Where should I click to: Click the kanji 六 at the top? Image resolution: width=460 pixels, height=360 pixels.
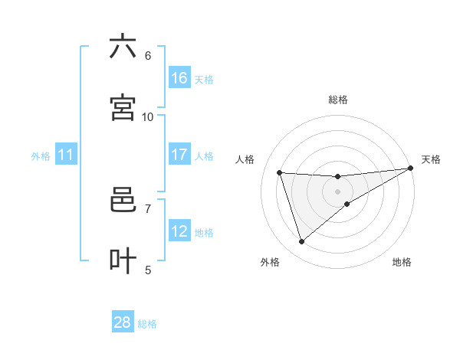pos(123,47)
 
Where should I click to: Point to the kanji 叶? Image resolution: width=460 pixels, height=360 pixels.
pos(123,260)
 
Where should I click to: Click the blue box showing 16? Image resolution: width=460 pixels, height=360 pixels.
pos(179,78)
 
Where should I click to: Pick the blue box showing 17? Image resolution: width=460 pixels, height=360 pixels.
pos(179,155)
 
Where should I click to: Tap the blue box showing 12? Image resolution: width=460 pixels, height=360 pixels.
pos(179,231)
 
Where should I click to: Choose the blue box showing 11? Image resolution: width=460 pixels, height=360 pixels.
pos(66,155)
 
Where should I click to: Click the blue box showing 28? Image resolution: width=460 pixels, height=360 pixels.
pos(123,322)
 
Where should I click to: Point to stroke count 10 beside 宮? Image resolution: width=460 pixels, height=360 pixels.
pos(148,116)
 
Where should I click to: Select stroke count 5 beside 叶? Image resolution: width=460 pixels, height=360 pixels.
pos(148,270)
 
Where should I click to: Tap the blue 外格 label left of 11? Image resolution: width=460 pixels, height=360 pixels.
pos(41,156)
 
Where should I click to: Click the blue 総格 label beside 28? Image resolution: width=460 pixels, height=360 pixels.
pos(147,324)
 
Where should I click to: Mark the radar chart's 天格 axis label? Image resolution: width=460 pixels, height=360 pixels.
pos(431,159)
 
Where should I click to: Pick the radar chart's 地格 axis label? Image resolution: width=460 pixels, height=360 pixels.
pos(402,262)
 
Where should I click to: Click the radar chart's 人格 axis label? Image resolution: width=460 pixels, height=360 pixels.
pos(245,159)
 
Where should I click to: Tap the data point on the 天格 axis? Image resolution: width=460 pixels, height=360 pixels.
pos(410,168)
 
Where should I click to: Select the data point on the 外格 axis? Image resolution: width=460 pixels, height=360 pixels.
pos(301,242)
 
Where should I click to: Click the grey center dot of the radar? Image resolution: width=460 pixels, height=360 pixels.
pos(337,191)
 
